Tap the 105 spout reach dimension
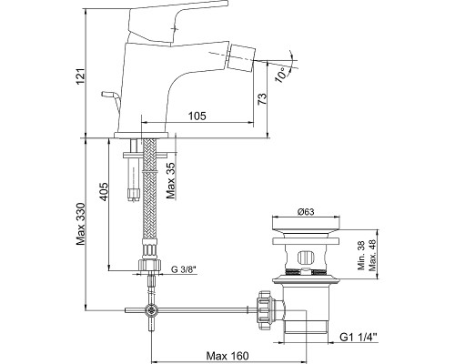[197, 116]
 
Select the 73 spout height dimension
[262, 99]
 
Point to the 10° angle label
[281, 75]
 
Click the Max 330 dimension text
[81, 224]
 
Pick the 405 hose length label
[104, 191]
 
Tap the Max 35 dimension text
[171, 181]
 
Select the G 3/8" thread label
[184, 268]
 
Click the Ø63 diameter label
[306, 212]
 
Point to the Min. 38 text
[361, 257]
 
